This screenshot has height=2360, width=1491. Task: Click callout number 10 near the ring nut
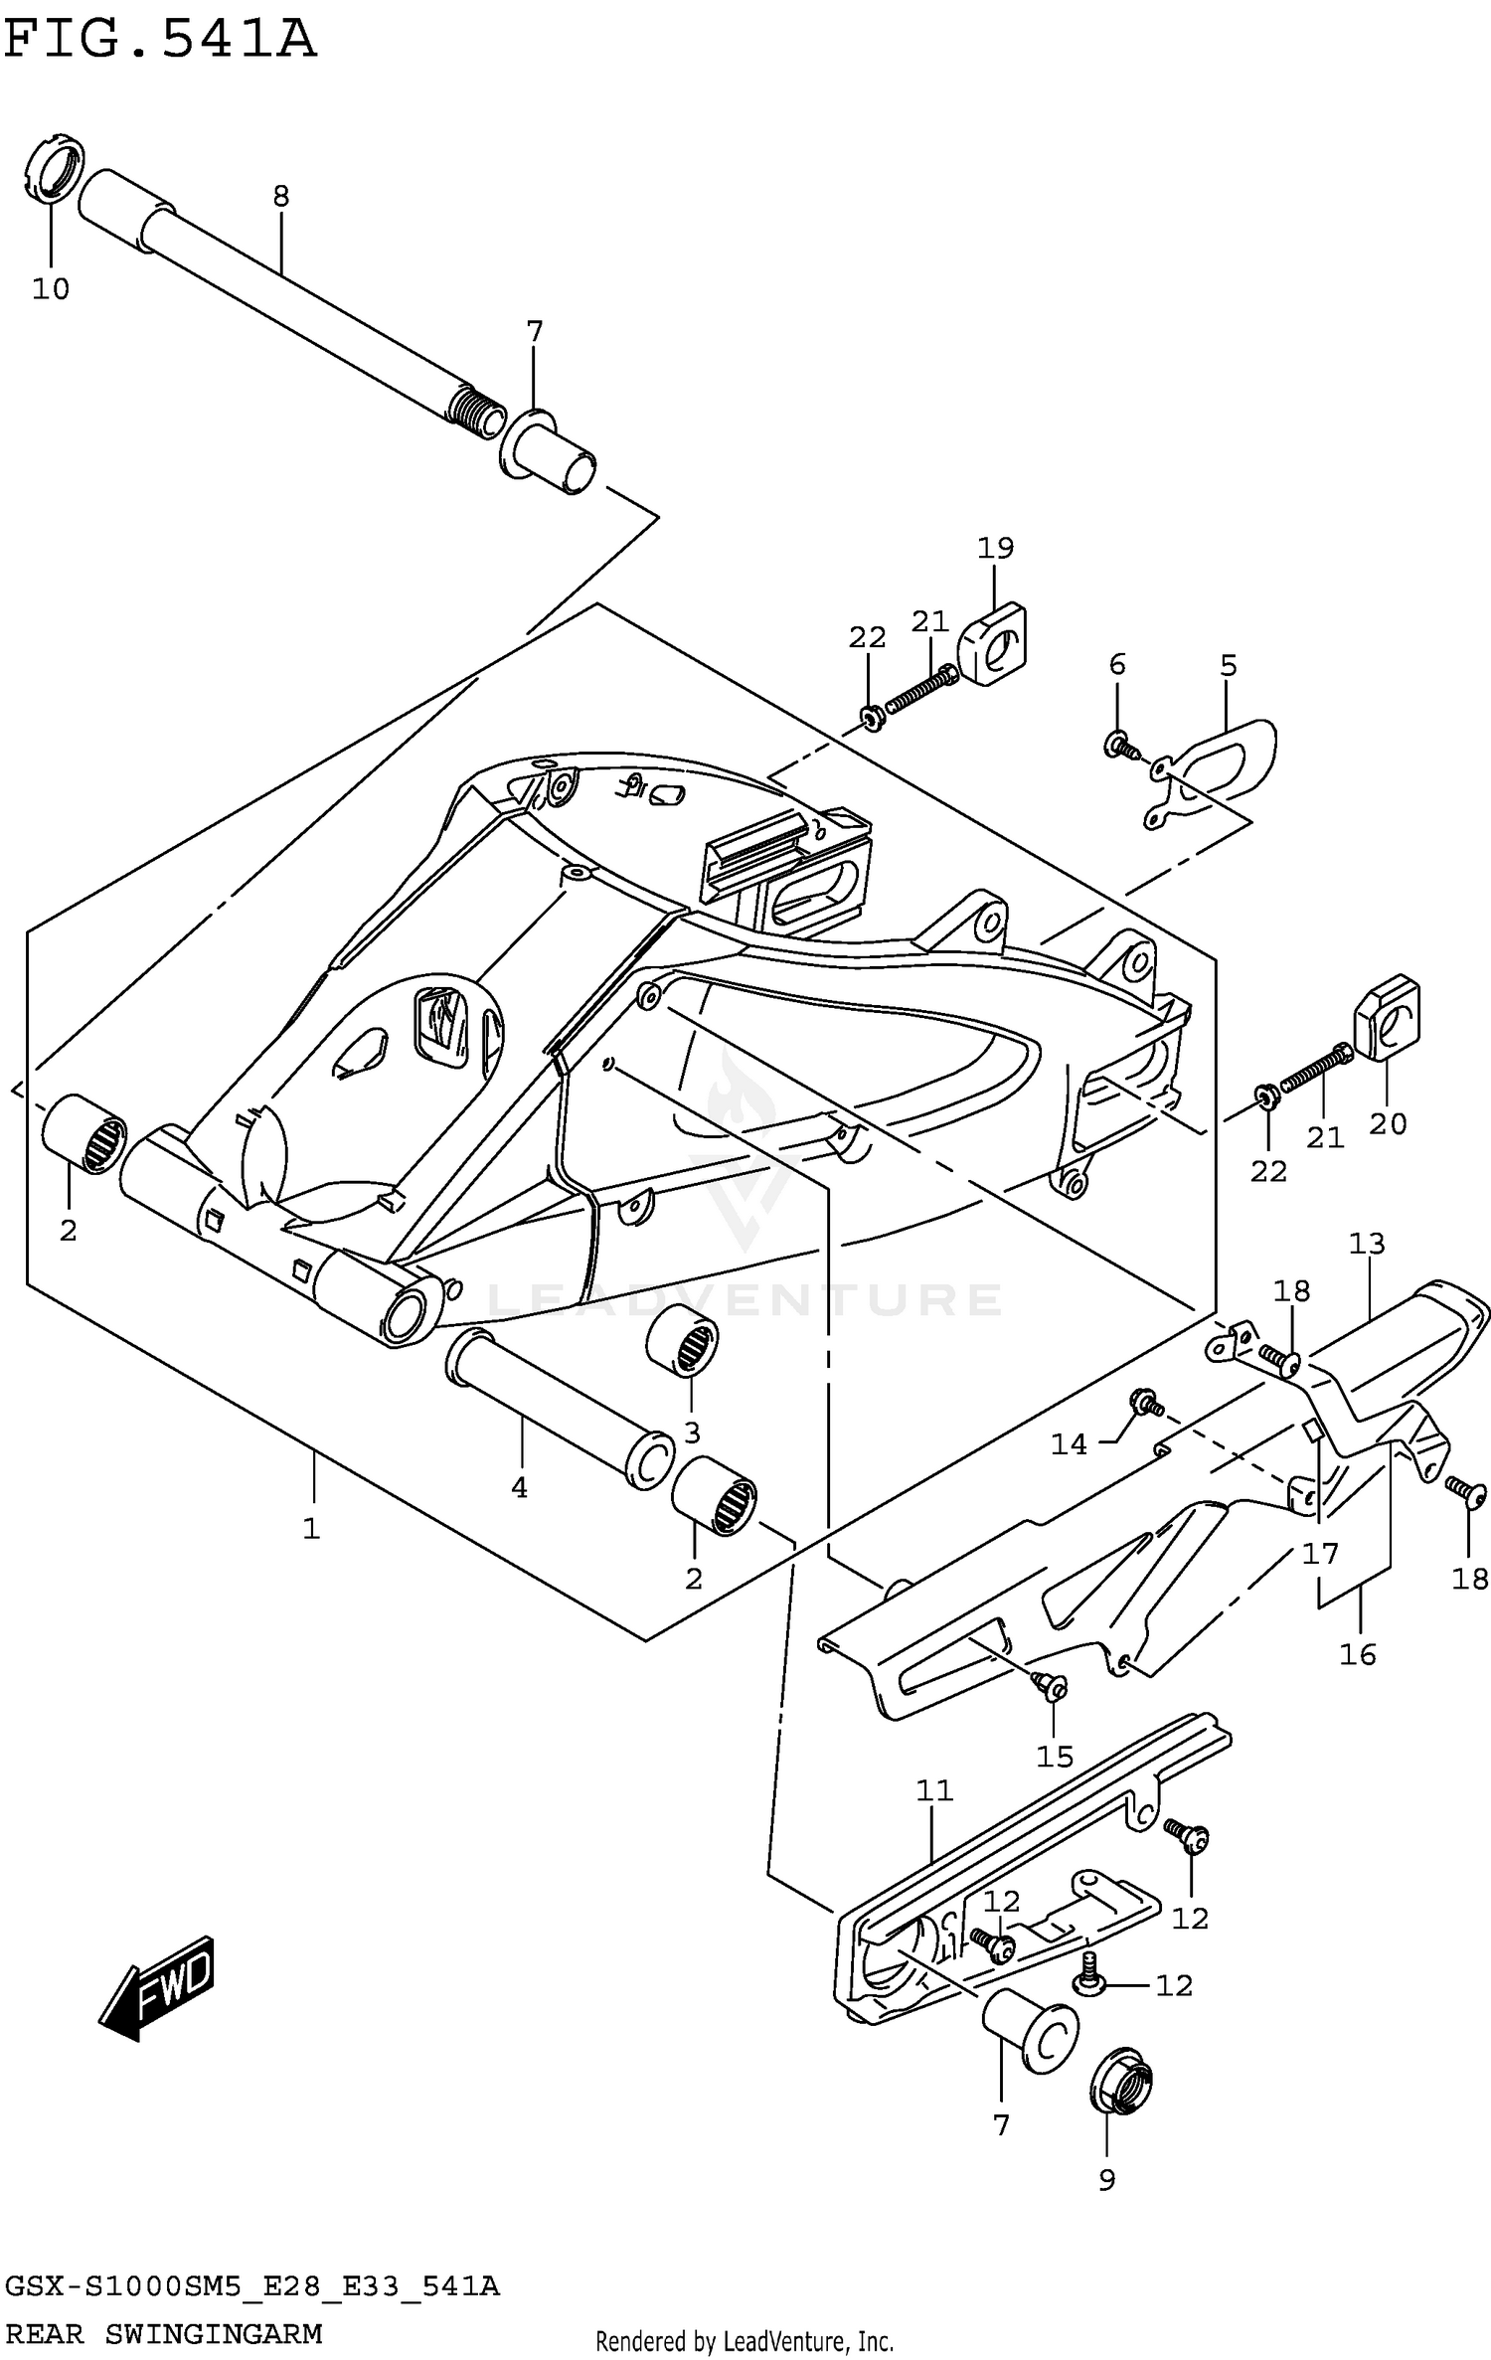coord(51,289)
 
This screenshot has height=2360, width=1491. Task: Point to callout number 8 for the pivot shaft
coord(281,197)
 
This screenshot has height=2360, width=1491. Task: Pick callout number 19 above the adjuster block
coord(995,548)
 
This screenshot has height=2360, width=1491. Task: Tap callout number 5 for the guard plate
coord(1229,665)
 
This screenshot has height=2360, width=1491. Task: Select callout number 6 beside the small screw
coord(1117,664)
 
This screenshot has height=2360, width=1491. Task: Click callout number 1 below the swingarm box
coord(312,1528)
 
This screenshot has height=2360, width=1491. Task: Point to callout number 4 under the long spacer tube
coord(519,1487)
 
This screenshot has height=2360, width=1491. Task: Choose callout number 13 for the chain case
coord(1367,1243)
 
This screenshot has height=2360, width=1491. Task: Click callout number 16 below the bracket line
coord(1358,1654)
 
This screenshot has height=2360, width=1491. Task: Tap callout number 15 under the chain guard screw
coord(1055,1757)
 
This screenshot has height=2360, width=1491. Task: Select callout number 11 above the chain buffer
coord(934,1790)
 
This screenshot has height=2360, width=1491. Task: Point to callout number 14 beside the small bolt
coord(1070,1444)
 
